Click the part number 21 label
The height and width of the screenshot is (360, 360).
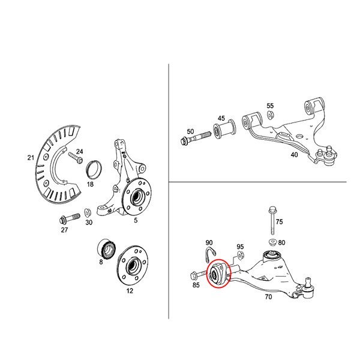[x=31, y=158]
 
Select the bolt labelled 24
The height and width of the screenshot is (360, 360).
[x=76, y=158]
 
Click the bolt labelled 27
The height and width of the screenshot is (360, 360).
[x=70, y=219]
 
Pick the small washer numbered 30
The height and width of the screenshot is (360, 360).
[x=88, y=212]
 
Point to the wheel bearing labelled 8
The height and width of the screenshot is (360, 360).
[x=107, y=249]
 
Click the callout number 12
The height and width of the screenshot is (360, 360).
[x=130, y=290]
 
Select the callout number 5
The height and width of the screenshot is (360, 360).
[x=136, y=220]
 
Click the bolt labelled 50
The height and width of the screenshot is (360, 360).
[x=196, y=138]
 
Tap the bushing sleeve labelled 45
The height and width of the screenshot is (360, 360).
[x=224, y=129]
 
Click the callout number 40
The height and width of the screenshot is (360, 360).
[x=294, y=155]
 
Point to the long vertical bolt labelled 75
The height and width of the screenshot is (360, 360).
[x=272, y=220]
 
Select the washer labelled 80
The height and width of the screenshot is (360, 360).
[x=272, y=242]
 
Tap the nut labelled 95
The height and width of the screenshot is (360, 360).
[x=241, y=255]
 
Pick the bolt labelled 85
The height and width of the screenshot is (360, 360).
[x=199, y=275]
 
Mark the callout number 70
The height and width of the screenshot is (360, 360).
[x=268, y=297]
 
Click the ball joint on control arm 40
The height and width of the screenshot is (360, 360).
[x=327, y=155]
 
